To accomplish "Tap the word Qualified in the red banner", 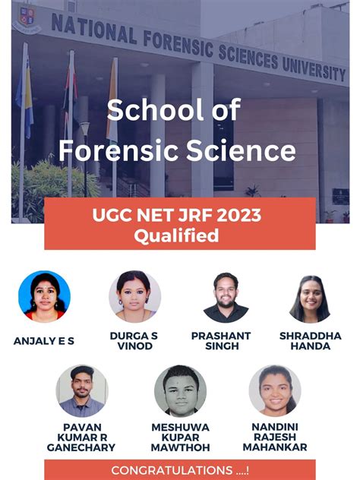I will pyautogui.click(x=176, y=237).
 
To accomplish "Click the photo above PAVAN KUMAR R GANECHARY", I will pyautogui.click(x=81, y=390).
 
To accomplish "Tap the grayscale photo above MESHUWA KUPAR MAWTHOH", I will pyautogui.click(x=180, y=390).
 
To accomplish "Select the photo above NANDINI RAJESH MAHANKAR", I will pyautogui.click(x=274, y=390).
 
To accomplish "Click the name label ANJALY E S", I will pyautogui.click(x=44, y=341).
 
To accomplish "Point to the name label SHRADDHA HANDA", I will pyautogui.click(x=310, y=341).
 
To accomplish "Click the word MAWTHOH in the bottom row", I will pyautogui.click(x=180, y=447).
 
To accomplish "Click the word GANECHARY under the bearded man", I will pyautogui.click(x=81, y=447).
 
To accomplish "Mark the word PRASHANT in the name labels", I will pyautogui.click(x=221, y=336).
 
